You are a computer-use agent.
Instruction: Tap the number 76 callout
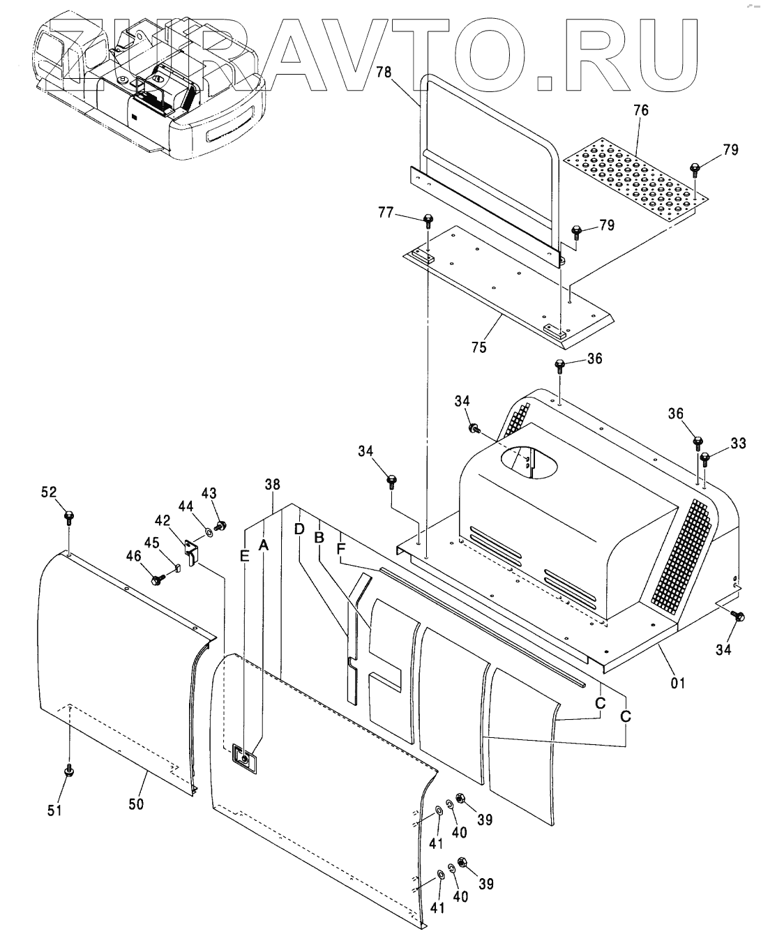(x=640, y=110)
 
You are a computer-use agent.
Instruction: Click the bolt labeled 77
(x=428, y=222)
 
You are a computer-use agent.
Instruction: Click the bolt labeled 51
(x=69, y=771)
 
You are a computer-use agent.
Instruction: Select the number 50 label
(x=136, y=804)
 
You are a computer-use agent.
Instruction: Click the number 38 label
(x=272, y=483)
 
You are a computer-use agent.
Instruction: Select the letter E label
(x=244, y=555)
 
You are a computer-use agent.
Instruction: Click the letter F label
(x=340, y=549)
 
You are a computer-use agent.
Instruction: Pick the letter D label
(x=299, y=529)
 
